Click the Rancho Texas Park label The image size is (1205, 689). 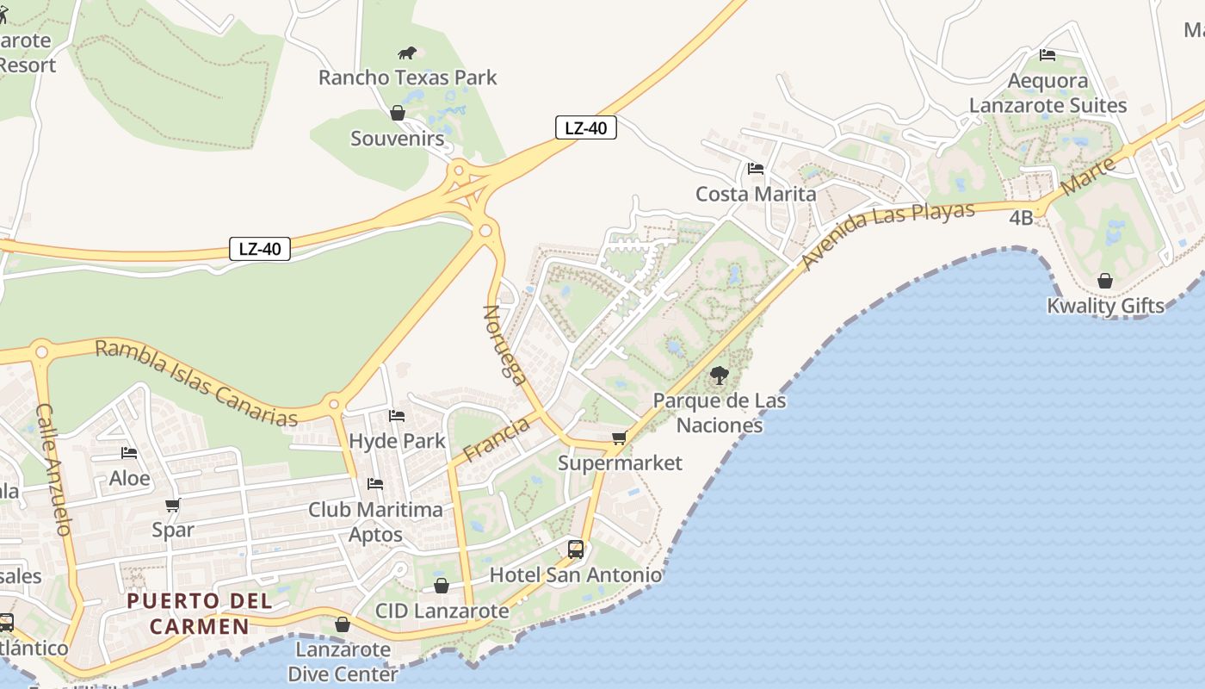[x=407, y=78]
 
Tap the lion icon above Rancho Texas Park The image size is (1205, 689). [x=407, y=53]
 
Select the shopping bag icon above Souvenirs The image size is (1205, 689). [x=398, y=113]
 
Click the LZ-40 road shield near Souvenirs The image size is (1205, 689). [x=585, y=128]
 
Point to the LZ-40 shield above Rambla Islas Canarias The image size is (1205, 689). [x=260, y=249]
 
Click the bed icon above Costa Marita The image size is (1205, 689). [x=756, y=169]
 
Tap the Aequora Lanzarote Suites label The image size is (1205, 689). [x=1047, y=93]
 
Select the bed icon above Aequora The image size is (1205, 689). [x=1047, y=55]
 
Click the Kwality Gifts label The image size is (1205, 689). [x=1105, y=306]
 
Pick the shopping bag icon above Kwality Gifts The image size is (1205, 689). [x=1105, y=281]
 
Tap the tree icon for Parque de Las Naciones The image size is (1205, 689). [x=719, y=376]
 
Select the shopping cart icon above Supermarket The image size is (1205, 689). [x=619, y=438]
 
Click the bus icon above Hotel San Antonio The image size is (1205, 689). [x=576, y=549]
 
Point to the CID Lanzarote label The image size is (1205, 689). [x=442, y=611]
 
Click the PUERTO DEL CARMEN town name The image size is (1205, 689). [x=200, y=613]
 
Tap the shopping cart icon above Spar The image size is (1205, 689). [x=173, y=506]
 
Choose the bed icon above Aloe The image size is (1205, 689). [x=129, y=453]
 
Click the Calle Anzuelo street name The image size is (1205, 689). [x=53, y=469]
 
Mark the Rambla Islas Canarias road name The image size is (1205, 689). [x=196, y=382]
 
